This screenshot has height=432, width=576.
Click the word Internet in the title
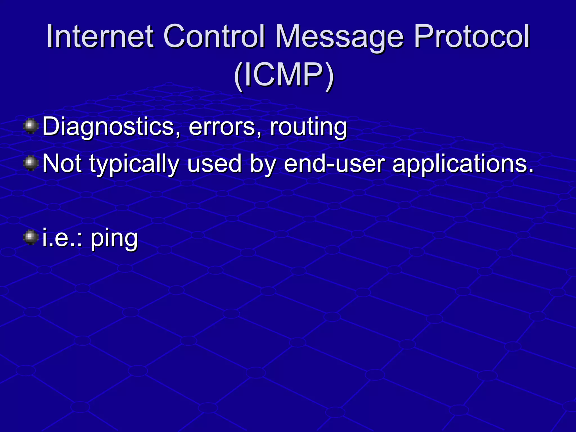(x=100, y=37)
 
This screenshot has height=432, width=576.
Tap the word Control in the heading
(x=214, y=37)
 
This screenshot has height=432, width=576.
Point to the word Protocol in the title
(x=471, y=37)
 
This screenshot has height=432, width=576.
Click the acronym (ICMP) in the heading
(x=284, y=75)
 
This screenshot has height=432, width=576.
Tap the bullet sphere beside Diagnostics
(x=31, y=126)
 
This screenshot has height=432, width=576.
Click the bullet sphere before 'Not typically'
(x=31, y=163)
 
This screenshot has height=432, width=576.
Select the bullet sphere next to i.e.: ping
(x=31, y=238)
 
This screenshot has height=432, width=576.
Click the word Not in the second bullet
(x=62, y=164)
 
